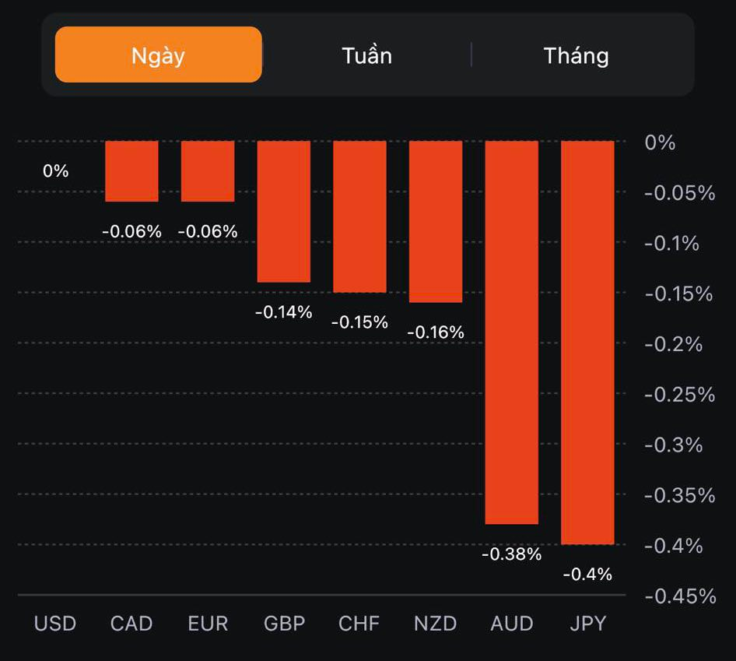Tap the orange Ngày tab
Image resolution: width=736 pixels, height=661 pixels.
(x=158, y=55)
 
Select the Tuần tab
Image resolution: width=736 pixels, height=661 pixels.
(x=366, y=55)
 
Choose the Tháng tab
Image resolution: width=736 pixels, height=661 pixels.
(x=576, y=55)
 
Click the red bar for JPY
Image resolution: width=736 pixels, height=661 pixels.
(x=587, y=343)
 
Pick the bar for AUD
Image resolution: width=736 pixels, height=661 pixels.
(x=511, y=332)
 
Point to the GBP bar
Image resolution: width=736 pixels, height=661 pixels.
(x=284, y=212)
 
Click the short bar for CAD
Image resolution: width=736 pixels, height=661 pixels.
(x=131, y=171)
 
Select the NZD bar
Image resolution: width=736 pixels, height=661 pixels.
(x=436, y=222)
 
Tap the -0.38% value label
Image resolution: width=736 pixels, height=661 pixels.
(x=511, y=554)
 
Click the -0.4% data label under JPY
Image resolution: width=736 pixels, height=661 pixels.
(x=587, y=575)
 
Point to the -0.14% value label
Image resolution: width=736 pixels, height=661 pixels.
(x=284, y=312)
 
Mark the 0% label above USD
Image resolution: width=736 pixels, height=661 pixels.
(x=56, y=171)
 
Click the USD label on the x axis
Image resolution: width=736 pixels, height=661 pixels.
(x=55, y=624)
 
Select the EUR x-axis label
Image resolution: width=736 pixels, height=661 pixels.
(x=208, y=624)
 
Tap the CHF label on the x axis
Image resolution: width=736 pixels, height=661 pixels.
(x=359, y=624)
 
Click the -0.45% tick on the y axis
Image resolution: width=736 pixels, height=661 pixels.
(x=680, y=596)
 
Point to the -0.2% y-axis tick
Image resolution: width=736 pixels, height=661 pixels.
(x=674, y=344)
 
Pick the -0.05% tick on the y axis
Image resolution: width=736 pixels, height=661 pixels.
(x=680, y=193)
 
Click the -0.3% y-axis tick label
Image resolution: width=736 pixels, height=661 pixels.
(x=674, y=445)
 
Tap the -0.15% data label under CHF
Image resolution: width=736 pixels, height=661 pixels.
(x=359, y=322)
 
